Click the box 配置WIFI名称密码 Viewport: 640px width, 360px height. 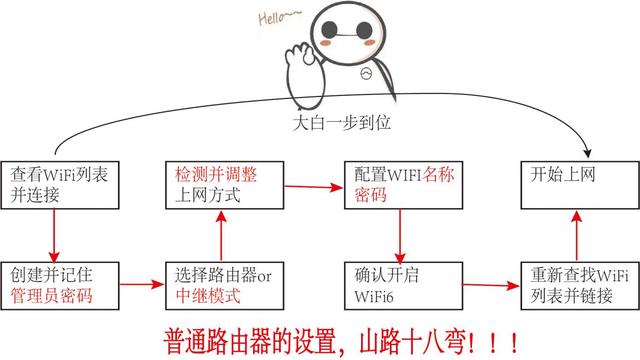[x=399, y=184]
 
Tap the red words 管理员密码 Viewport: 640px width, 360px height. [x=51, y=295]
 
